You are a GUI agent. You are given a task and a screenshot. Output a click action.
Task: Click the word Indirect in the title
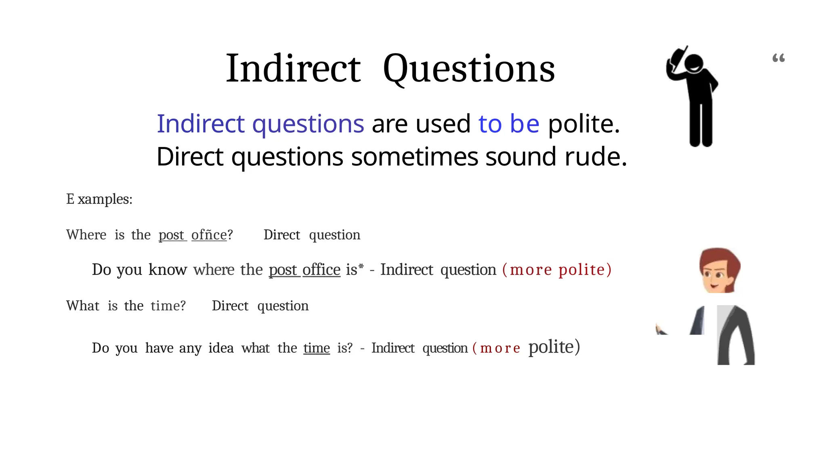(x=293, y=69)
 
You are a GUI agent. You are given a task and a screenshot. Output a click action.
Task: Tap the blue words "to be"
(x=508, y=124)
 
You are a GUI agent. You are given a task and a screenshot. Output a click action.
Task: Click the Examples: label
(x=99, y=199)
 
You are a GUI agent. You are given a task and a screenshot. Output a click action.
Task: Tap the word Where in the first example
(x=86, y=235)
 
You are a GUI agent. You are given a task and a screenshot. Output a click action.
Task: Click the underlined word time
(x=317, y=348)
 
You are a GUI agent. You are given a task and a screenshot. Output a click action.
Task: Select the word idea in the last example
(x=221, y=348)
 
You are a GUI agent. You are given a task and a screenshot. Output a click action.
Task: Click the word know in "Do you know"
(x=168, y=270)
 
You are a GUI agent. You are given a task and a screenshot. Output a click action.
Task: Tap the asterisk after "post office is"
(x=361, y=266)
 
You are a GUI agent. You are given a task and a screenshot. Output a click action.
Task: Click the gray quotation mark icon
(x=778, y=58)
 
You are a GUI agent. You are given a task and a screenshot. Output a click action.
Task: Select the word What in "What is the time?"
(x=82, y=306)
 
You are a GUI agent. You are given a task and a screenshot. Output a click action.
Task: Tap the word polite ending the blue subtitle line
(x=583, y=124)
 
